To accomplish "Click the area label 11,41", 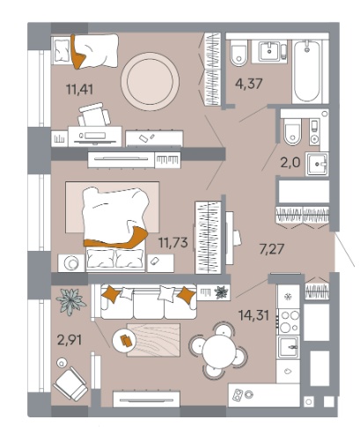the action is (80, 89).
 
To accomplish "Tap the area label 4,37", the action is (249, 84).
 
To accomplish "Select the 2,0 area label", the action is (290, 162).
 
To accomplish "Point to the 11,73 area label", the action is (173, 242).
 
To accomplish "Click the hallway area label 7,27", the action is (272, 249).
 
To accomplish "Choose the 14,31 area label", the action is (254, 315).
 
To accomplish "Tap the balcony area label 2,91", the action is (70, 341).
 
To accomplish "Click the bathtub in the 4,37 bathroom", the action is (307, 71).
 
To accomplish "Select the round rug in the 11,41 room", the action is (150, 82).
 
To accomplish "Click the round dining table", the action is (218, 350).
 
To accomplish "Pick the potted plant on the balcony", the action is (70, 301).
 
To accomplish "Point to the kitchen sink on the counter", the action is (289, 348).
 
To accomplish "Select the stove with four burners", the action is (289, 321).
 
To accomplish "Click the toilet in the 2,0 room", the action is (292, 132).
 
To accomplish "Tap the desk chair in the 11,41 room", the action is (94, 114).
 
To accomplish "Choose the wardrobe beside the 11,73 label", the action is (209, 237).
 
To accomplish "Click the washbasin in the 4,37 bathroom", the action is (269, 51).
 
